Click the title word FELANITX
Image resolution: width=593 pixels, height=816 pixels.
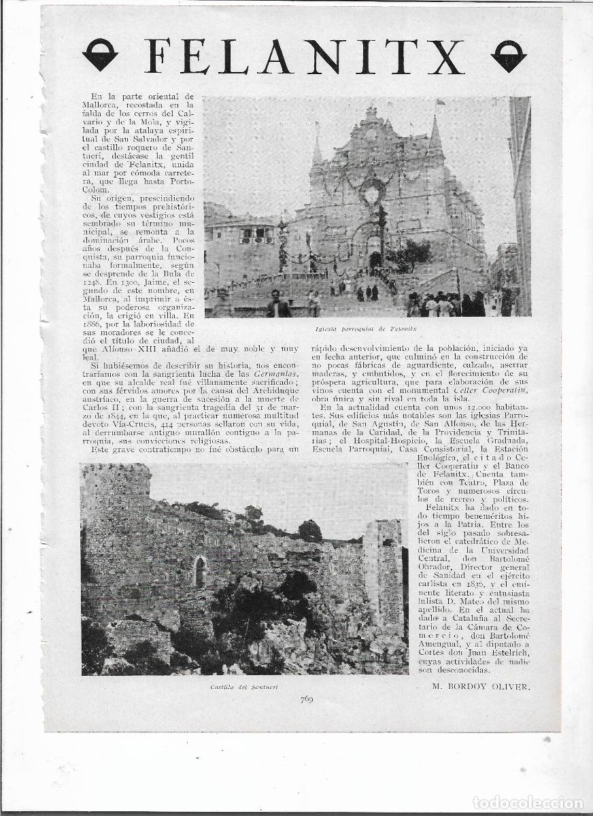(304, 56)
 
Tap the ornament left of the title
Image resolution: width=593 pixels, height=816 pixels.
(100, 55)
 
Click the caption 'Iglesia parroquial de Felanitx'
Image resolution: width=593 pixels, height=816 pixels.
(366, 328)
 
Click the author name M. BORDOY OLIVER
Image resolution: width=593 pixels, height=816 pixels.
(480, 686)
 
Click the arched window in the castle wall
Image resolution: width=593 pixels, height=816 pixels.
(200, 571)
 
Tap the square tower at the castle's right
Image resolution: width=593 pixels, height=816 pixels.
(383, 571)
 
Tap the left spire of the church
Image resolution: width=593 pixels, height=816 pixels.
(317, 150)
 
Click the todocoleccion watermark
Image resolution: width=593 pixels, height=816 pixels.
(528, 803)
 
